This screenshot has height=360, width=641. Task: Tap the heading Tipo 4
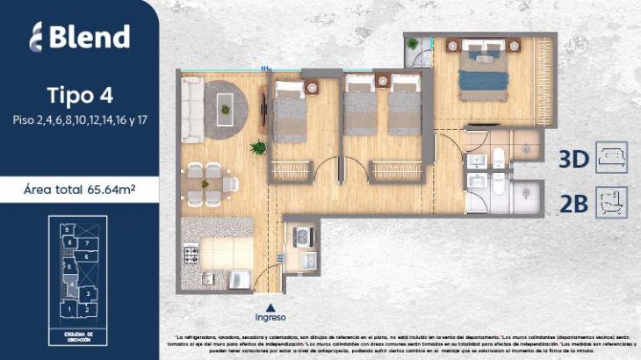[79, 95]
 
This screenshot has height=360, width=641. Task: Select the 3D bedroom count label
[573, 160]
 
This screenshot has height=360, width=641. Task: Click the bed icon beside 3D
[611, 158]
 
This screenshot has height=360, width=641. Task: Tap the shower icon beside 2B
[611, 203]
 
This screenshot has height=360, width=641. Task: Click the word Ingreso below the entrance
[270, 317]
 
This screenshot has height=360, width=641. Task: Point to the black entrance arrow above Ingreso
[270, 304]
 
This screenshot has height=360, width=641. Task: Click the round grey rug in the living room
[227, 104]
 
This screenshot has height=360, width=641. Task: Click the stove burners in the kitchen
[191, 256]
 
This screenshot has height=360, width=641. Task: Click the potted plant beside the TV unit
[258, 148]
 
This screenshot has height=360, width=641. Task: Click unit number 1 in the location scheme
[68, 308]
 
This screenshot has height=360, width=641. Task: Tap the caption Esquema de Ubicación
[79, 337]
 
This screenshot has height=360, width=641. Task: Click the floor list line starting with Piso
[79, 119]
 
